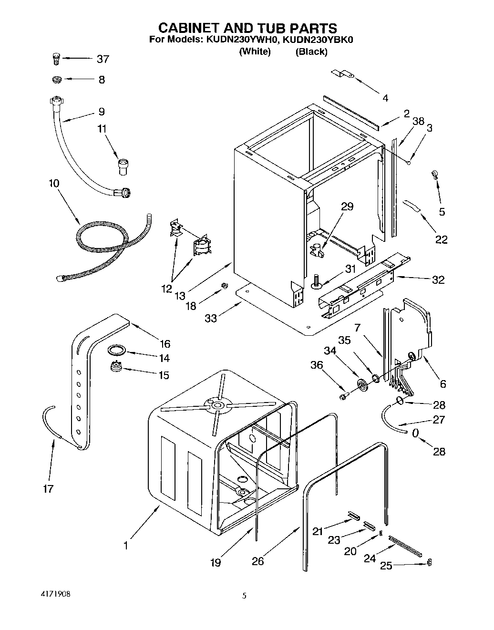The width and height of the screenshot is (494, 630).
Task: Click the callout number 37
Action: click(103, 59)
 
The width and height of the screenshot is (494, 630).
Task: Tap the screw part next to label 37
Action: click(55, 59)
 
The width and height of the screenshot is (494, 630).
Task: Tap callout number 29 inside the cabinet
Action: click(347, 206)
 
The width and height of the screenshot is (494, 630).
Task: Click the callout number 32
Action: click(438, 279)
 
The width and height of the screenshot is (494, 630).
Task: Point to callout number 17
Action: click(48, 488)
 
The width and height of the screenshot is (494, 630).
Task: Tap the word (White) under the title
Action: click(255, 52)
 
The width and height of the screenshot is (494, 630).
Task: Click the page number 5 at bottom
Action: click(245, 595)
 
